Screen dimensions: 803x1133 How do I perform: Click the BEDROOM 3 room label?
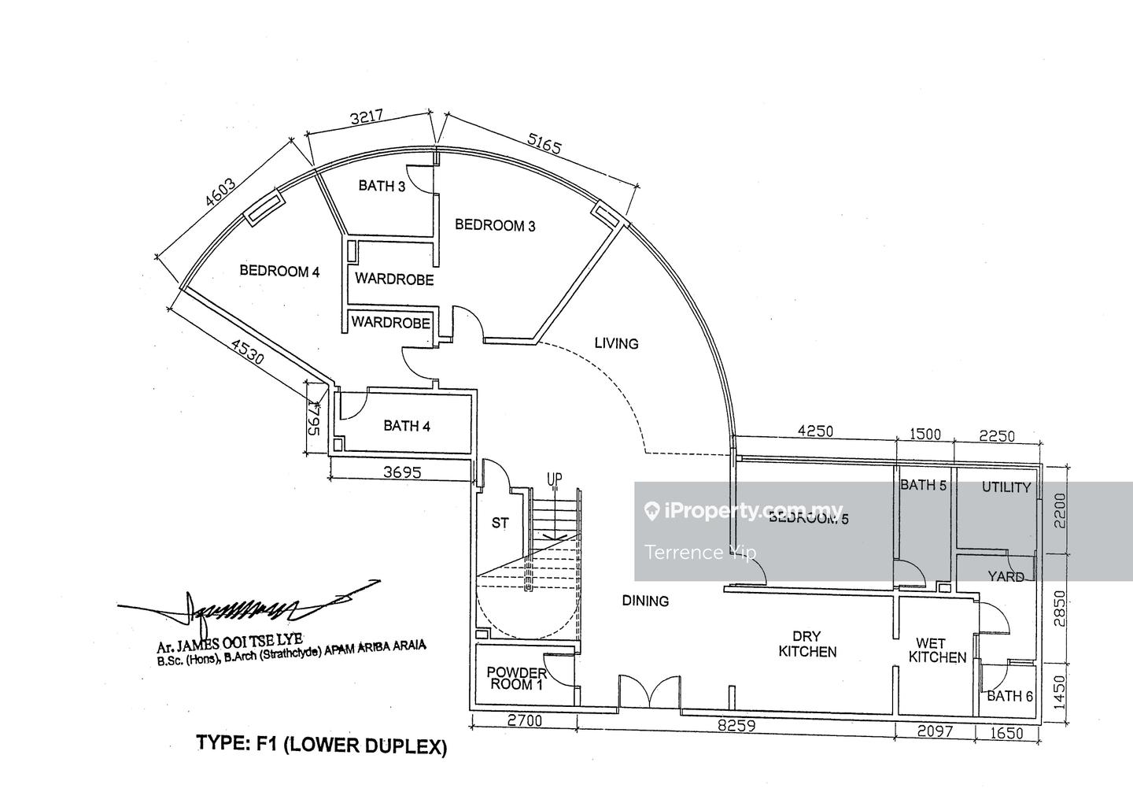click(495, 226)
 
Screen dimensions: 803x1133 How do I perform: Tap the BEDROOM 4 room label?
click(279, 272)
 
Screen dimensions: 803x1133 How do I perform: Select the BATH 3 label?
click(382, 186)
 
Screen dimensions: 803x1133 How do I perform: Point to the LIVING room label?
click(616, 343)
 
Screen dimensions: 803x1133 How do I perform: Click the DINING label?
click(645, 601)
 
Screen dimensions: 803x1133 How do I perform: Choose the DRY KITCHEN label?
click(807, 644)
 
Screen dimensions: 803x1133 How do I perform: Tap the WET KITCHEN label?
click(937, 650)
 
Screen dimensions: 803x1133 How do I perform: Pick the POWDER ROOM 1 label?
click(516, 679)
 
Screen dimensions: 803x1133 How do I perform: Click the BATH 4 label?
click(407, 426)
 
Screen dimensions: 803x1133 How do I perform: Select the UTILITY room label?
click(1006, 487)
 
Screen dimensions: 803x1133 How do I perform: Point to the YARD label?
click(1006, 577)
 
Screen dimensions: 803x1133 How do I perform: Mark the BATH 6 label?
click(1009, 696)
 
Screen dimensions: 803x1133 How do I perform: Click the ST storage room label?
click(500, 523)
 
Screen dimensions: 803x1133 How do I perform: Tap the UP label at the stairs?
click(555, 479)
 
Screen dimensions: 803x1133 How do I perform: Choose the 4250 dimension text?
click(815, 431)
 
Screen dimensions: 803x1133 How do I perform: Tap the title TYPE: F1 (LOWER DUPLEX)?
click(321, 744)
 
